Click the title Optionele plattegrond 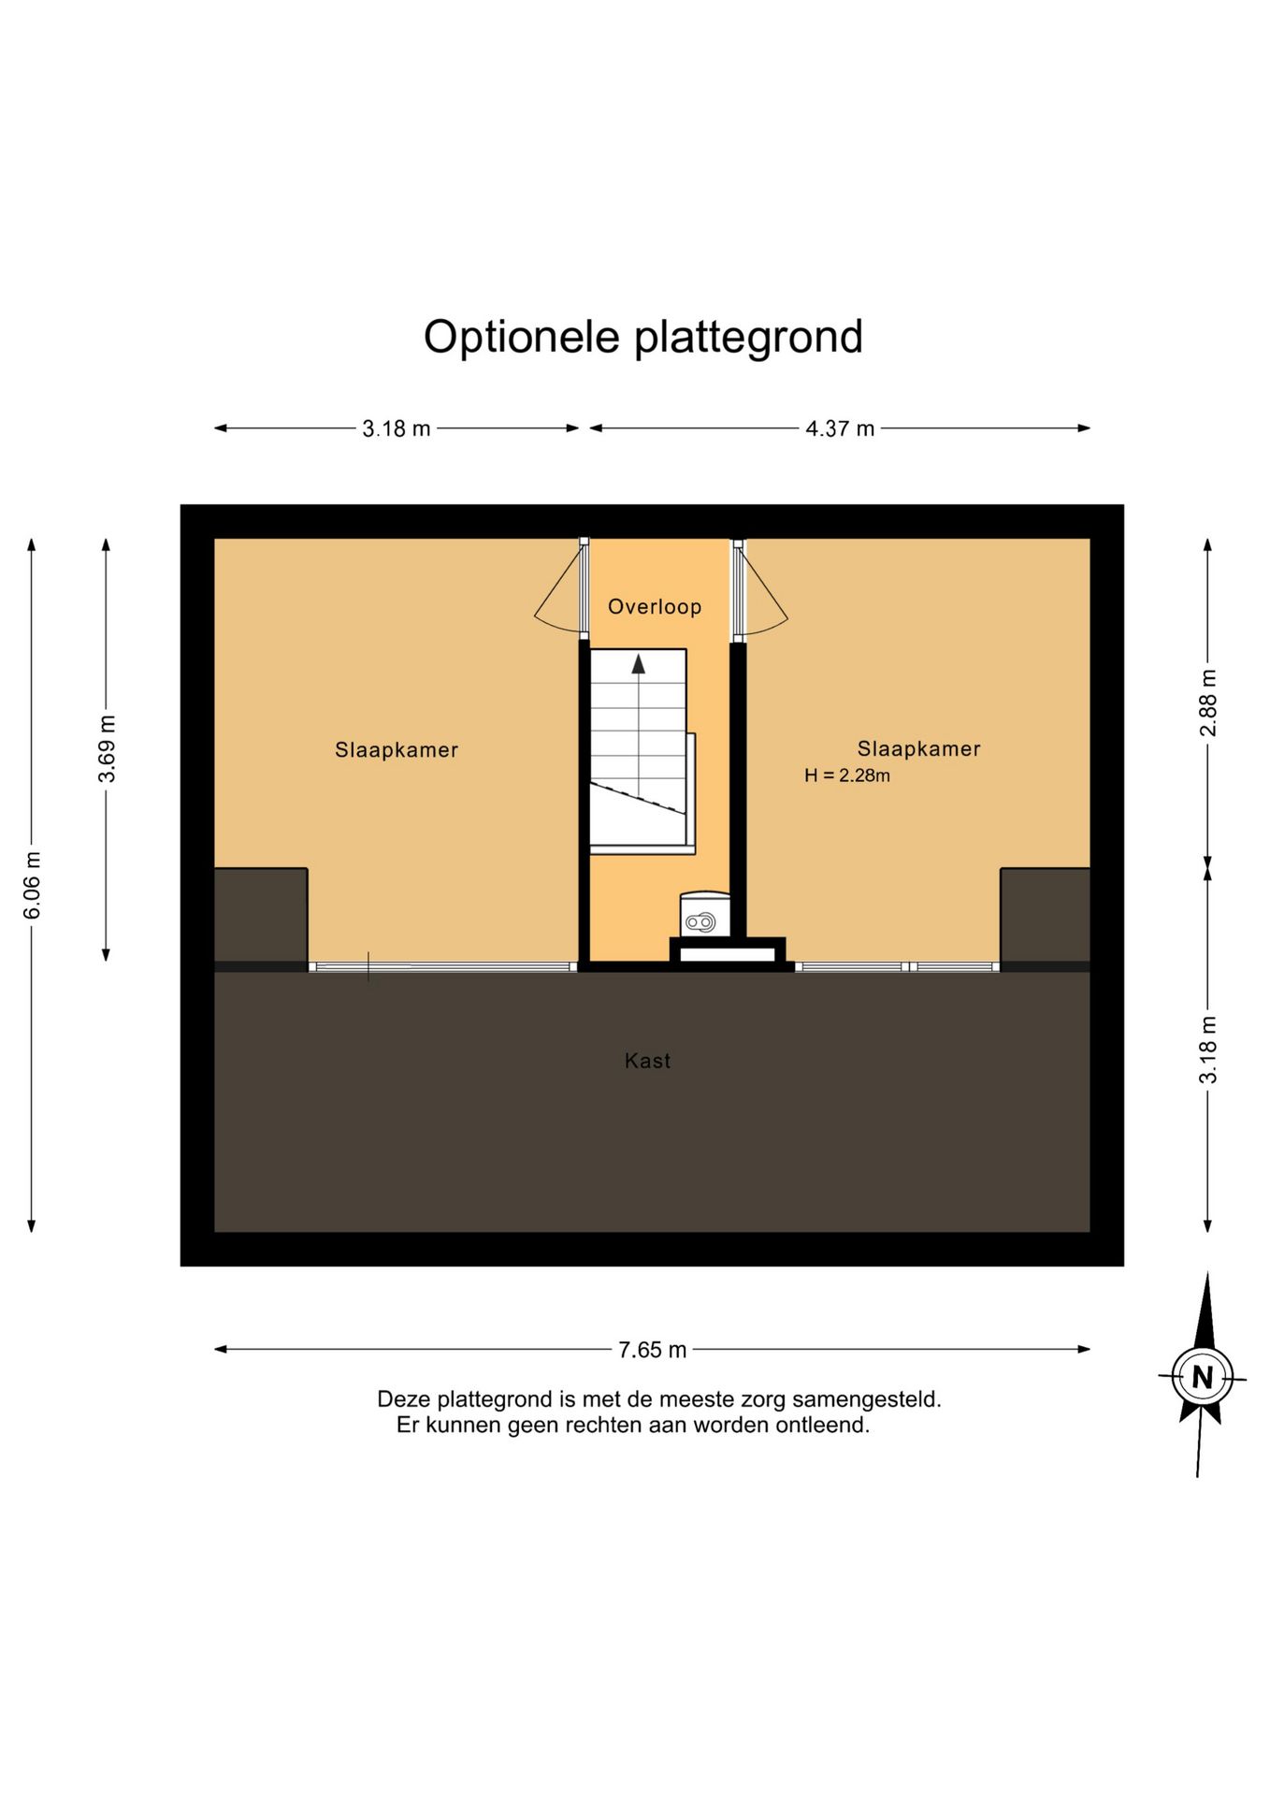(642, 339)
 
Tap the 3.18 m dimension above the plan (397, 428)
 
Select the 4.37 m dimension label (840, 428)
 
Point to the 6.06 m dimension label (32, 885)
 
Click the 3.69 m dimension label (107, 748)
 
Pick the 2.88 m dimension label (1208, 702)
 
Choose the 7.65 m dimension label (652, 1350)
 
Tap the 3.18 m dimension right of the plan (1208, 1050)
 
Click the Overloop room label (655, 607)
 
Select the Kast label (647, 1061)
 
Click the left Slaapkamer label (397, 749)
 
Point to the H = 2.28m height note (847, 775)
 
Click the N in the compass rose (1203, 1377)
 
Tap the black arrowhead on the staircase (639, 663)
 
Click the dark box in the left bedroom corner (261, 915)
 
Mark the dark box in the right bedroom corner (1045, 915)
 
